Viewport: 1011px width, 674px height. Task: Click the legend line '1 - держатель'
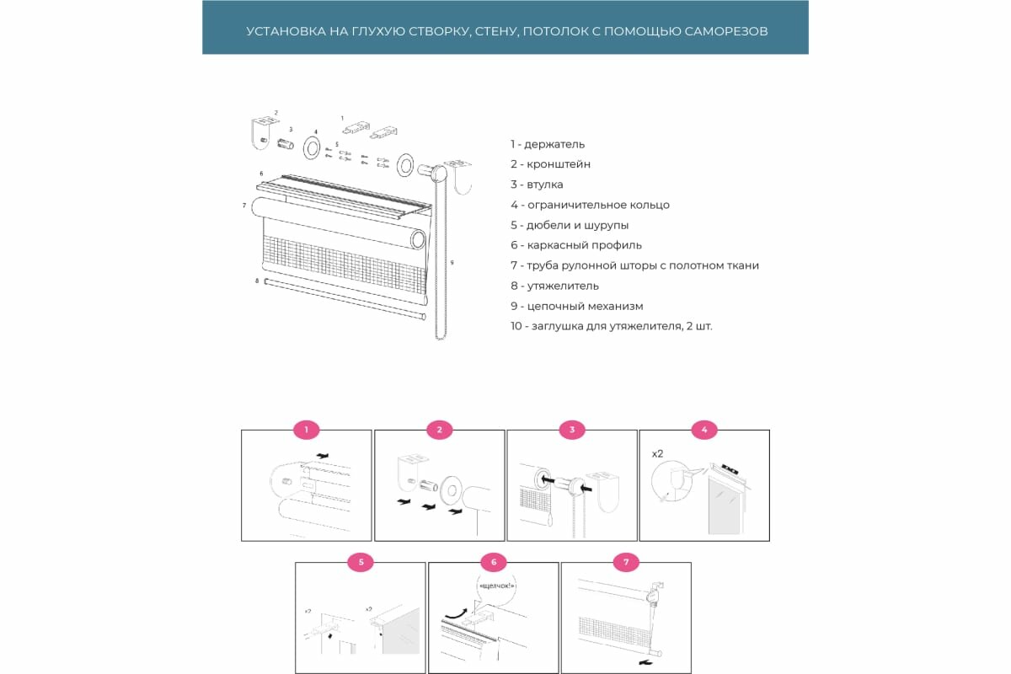coord(547,144)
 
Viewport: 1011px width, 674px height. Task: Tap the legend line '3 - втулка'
coord(537,185)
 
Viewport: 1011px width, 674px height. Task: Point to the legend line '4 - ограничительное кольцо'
coord(590,205)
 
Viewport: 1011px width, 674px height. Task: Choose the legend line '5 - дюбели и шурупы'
coord(569,225)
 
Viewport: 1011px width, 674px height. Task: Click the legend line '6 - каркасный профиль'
coord(575,245)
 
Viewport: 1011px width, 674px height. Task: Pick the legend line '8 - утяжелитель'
coord(554,286)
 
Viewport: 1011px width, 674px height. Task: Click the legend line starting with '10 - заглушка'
coord(611,326)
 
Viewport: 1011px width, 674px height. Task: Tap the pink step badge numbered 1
coord(307,430)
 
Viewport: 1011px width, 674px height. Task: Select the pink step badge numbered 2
coord(439,430)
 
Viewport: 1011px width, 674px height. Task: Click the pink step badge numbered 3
coord(572,430)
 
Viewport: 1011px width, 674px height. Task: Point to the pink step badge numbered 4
coord(704,430)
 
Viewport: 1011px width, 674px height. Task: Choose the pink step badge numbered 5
coord(361,562)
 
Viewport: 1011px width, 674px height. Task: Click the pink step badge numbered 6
coord(493,562)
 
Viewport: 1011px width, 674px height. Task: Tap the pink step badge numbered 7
coord(626,562)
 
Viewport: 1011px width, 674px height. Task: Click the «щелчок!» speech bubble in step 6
coord(496,585)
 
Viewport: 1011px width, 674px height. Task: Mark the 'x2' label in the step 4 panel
coord(657,453)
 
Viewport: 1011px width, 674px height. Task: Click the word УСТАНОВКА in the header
coord(281,31)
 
